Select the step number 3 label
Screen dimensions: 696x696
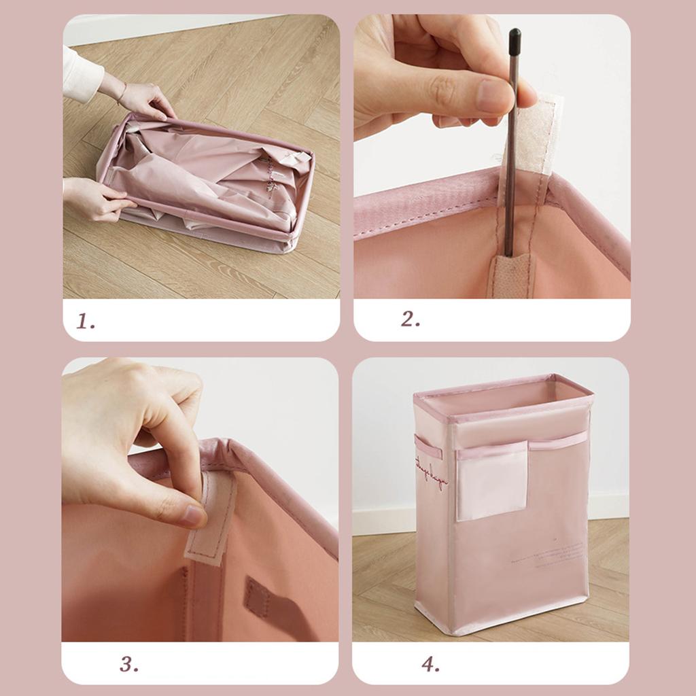coord(129,664)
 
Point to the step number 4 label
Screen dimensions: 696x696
coord(430,664)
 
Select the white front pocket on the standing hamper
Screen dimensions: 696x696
coord(492,481)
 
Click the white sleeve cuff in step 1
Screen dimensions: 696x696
coord(82,75)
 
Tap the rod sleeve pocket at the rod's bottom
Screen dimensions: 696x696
coord(511,275)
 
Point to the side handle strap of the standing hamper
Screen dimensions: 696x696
coord(427,448)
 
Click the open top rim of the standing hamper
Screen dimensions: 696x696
coord(503,391)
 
